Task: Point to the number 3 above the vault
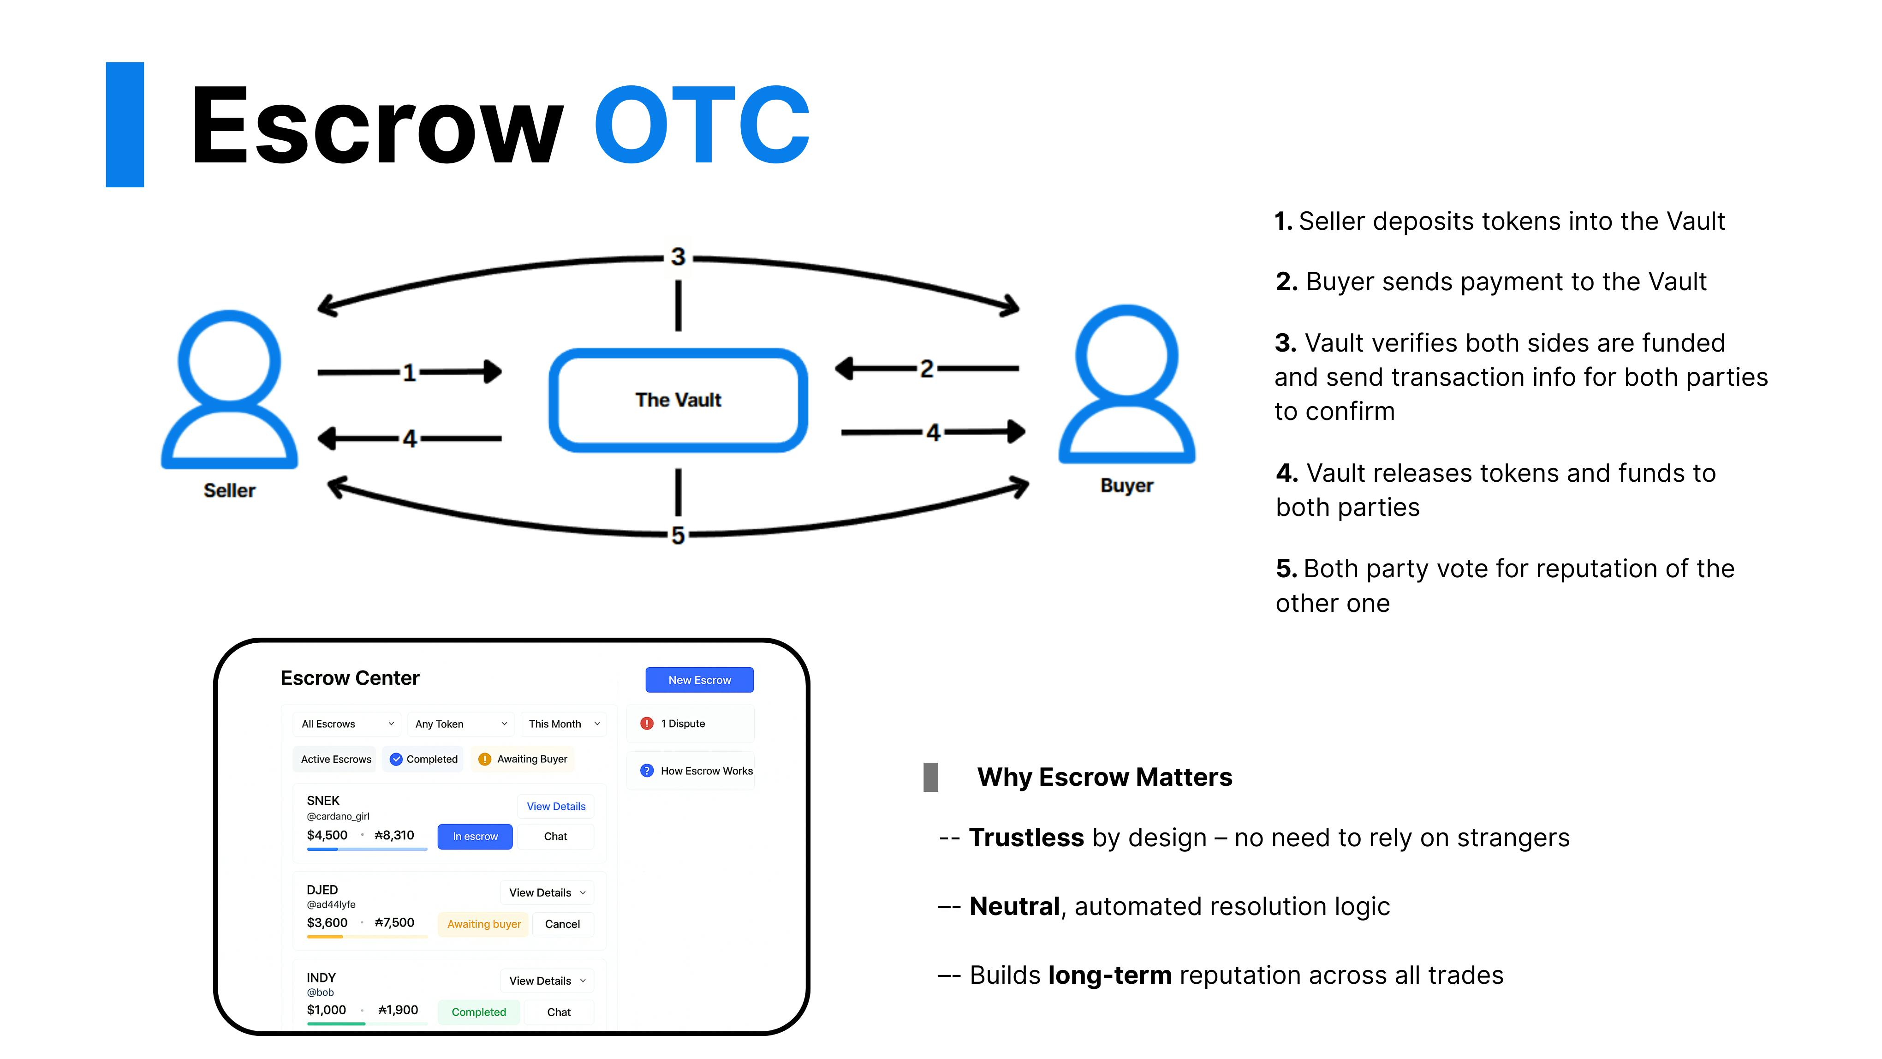point(678,257)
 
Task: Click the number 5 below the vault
point(678,535)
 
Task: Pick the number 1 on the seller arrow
point(409,373)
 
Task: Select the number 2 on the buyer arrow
point(926,368)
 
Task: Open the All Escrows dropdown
point(347,724)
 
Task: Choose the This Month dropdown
point(563,724)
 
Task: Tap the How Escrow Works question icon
point(647,770)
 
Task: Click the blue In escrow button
point(475,836)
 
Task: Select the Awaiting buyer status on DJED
point(484,924)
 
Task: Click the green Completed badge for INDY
point(478,1011)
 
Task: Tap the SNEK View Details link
point(556,806)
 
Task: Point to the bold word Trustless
point(1026,838)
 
